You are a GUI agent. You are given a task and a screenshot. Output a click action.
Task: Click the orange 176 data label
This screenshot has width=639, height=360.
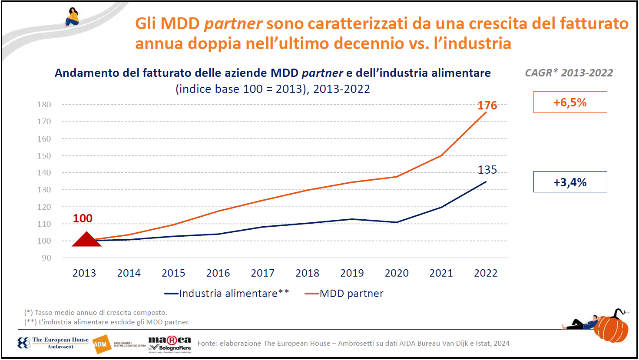pyautogui.click(x=487, y=106)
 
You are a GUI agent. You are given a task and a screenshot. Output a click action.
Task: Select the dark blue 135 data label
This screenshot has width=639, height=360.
pyautogui.click(x=487, y=170)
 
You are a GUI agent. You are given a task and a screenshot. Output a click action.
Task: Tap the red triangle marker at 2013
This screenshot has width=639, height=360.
pyautogui.click(x=86, y=240)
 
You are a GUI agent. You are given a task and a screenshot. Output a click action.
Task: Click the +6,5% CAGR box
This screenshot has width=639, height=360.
pyautogui.click(x=570, y=102)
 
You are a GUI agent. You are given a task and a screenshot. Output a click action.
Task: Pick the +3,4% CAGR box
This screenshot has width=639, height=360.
pyautogui.click(x=570, y=182)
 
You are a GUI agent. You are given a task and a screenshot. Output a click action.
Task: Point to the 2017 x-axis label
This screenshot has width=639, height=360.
pyautogui.click(x=262, y=273)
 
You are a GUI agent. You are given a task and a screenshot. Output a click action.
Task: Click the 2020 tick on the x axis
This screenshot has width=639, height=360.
pyautogui.click(x=397, y=273)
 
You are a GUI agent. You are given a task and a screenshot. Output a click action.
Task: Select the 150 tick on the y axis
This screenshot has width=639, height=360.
pyautogui.click(x=44, y=155)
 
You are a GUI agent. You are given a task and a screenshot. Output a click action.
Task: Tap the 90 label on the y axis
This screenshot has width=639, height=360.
pyautogui.click(x=46, y=258)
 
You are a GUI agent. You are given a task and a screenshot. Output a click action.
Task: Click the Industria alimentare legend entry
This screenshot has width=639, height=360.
pyautogui.click(x=227, y=294)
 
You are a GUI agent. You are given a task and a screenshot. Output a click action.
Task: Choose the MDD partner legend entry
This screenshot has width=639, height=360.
pyautogui.click(x=344, y=294)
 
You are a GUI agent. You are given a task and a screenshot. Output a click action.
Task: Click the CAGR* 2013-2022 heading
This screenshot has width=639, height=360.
pyautogui.click(x=569, y=73)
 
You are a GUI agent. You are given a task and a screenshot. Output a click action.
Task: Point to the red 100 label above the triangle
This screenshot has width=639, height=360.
pyautogui.click(x=83, y=218)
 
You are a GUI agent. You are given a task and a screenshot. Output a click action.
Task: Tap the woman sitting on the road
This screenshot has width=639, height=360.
pyautogui.click(x=72, y=17)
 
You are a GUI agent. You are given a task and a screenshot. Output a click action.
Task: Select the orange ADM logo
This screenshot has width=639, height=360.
pyautogui.click(x=101, y=344)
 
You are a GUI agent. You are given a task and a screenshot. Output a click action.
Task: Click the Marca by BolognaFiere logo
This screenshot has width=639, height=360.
pyautogui.click(x=169, y=343)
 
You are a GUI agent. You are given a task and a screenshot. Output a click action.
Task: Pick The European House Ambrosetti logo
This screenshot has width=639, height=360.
pyautogui.click(x=53, y=343)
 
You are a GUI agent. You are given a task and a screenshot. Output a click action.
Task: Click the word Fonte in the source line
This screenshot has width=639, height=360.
pyautogui.click(x=207, y=343)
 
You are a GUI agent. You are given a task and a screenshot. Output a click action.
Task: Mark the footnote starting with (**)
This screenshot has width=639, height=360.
pyautogui.click(x=107, y=322)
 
